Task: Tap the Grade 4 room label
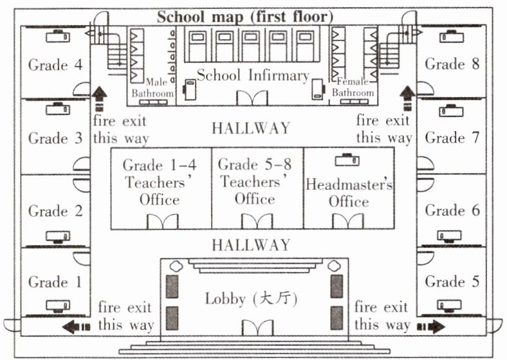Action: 56,65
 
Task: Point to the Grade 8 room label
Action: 453,64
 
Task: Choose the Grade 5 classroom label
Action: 452,282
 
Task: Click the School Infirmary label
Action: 253,75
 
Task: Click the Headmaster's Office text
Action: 349,192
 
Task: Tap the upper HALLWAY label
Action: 251,127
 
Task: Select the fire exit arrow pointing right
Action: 430,327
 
